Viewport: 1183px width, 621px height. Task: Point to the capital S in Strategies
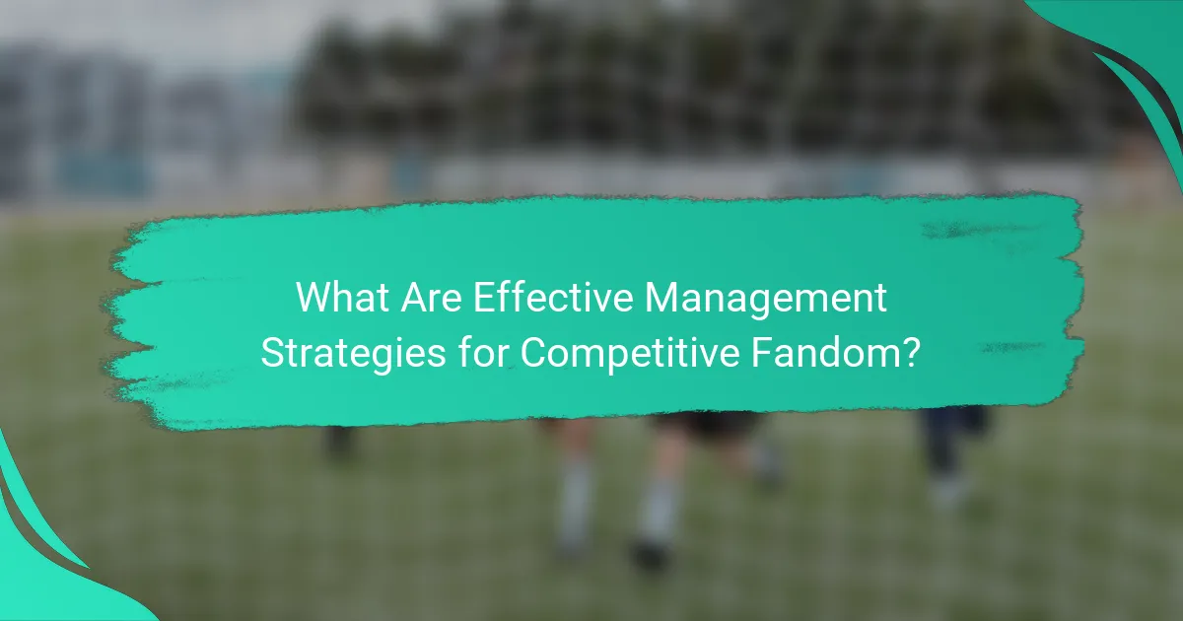(x=271, y=353)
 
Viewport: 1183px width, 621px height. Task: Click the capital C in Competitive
(x=533, y=353)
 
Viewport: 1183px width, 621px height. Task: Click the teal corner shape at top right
(x=1134, y=49)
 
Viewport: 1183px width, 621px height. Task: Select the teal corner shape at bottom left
(x=39, y=572)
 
